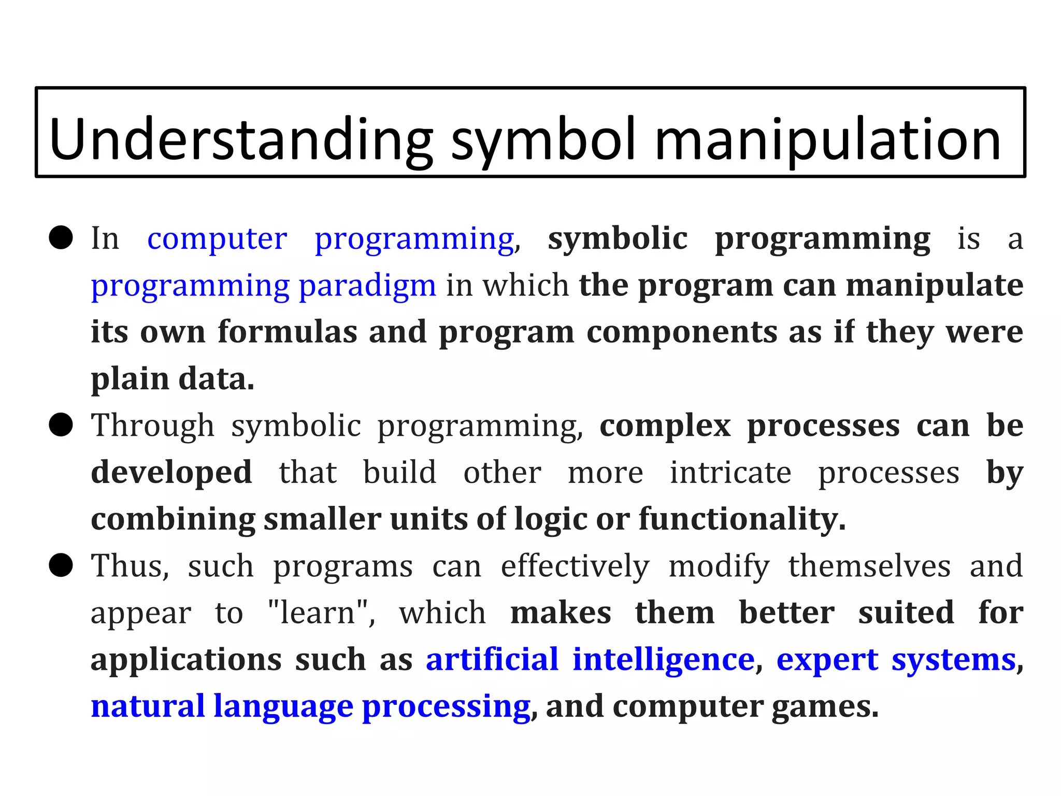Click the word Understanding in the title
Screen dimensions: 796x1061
(241, 139)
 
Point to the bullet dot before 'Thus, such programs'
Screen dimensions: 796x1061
(61, 565)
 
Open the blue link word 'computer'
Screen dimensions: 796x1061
(217, 239)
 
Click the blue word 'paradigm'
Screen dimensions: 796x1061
(367, 286)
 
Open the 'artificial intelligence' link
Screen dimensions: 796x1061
(590, 659)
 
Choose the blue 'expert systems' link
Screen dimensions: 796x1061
(896, 659)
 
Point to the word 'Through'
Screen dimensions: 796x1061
(152, 425)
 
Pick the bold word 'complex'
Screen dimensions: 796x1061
(665, 425)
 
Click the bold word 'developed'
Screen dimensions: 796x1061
(171, 472)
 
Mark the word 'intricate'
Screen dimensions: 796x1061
(730, 472)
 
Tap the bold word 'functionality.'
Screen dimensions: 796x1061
(742, 519)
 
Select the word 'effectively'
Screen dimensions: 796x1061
(575, 566)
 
